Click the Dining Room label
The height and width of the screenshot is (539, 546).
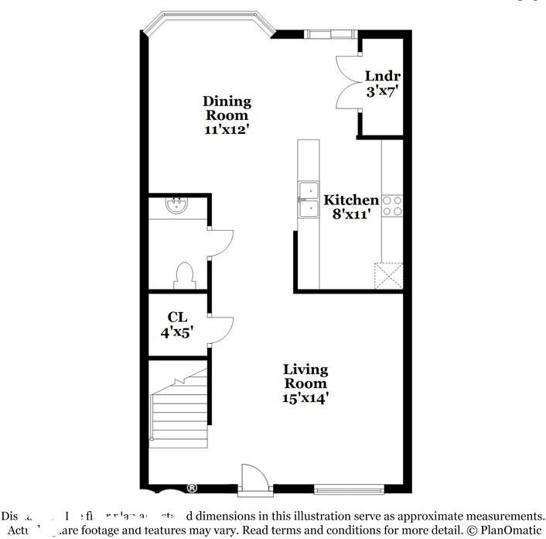227,108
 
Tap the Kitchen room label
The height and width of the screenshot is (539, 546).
351,200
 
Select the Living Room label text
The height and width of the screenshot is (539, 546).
305,376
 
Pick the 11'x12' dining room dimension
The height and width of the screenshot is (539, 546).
227,130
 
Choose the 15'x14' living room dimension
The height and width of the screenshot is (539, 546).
305,398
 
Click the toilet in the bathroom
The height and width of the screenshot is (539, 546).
184,274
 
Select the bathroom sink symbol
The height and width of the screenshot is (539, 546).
177,205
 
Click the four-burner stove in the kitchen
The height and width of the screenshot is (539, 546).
392,204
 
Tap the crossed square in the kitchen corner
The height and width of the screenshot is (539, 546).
389,276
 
